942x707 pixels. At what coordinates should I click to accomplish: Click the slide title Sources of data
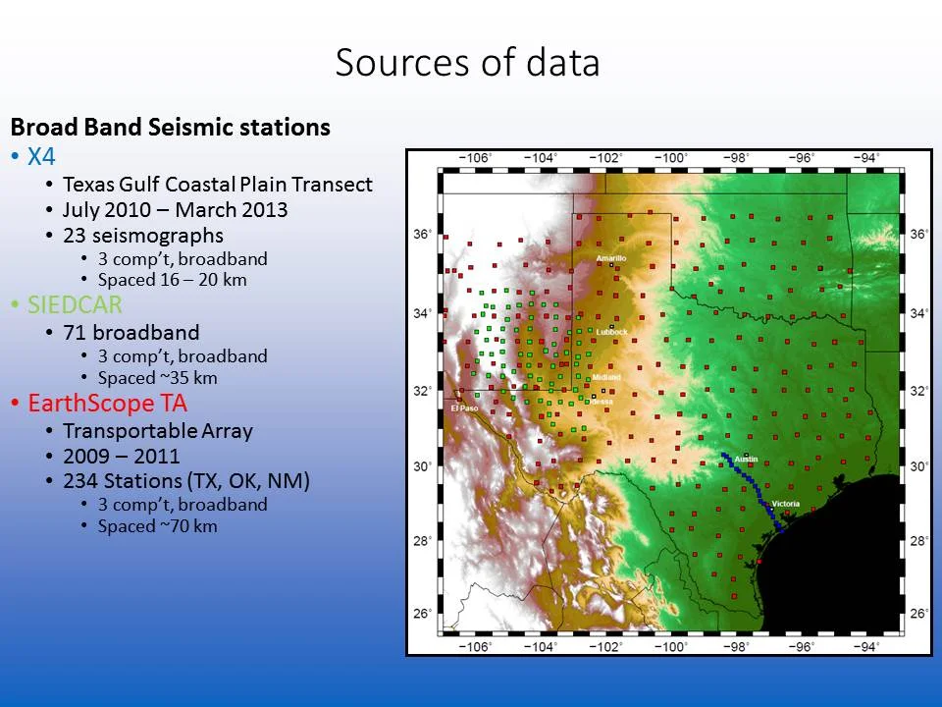(467, 63)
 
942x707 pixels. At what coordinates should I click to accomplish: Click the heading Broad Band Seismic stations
(170, 128)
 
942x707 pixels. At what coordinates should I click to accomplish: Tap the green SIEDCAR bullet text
(75, 304)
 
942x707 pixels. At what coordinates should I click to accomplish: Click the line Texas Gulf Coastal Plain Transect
(217, 184)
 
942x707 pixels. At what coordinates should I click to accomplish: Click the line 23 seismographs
(142, 236)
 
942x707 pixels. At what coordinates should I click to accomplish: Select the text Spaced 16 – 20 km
(172, 280)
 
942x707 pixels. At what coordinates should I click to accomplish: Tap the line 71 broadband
(131, 333)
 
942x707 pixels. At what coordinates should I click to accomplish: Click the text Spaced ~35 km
(157, 378)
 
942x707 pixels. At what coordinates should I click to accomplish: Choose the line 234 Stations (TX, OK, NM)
(185, 481)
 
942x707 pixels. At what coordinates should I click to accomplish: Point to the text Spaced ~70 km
(157, 526)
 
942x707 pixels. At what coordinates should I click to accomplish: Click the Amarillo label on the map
(610, 257)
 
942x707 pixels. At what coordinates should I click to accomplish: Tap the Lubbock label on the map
(611, 333)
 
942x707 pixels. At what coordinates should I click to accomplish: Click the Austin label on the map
(746, 459)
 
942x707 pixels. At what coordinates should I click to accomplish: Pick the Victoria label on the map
(785, 504)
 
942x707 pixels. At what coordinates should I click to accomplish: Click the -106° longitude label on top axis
(476, 158)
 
